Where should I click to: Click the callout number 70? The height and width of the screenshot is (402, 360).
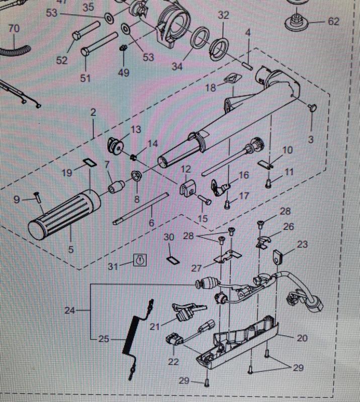14,29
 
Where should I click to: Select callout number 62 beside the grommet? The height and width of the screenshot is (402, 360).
333,22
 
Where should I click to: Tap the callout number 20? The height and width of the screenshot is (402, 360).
317,338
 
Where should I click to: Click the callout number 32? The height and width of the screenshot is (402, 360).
224,15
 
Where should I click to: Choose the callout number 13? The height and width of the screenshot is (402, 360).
136,130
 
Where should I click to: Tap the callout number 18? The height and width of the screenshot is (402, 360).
210,87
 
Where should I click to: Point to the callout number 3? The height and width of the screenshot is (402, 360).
310,139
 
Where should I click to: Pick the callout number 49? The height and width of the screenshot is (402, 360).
124,72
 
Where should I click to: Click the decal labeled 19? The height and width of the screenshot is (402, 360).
89,162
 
